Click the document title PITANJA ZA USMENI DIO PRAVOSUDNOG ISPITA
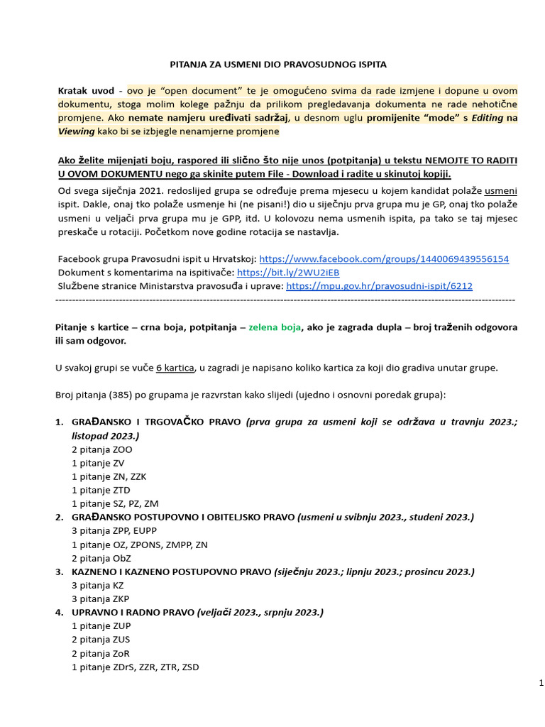tap(278, 65)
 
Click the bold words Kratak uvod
tap(85, 92)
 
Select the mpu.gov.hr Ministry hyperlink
tap(378, 286)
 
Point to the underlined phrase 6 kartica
tap(175, 368)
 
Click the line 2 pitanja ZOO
tap(101, 449)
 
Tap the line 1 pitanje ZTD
tap(101, 490)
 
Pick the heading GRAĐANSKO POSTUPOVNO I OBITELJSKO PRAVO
tap(183, 518)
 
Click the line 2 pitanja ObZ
tap(101, 558)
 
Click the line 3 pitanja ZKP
tap(101, 598)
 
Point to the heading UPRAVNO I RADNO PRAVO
tap(133, 612)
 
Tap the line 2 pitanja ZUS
tap(101, 640)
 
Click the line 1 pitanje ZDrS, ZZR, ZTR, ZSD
tap(136, 667)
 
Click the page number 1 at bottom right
tap(540, 683)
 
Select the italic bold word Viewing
tap(76, 131)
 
